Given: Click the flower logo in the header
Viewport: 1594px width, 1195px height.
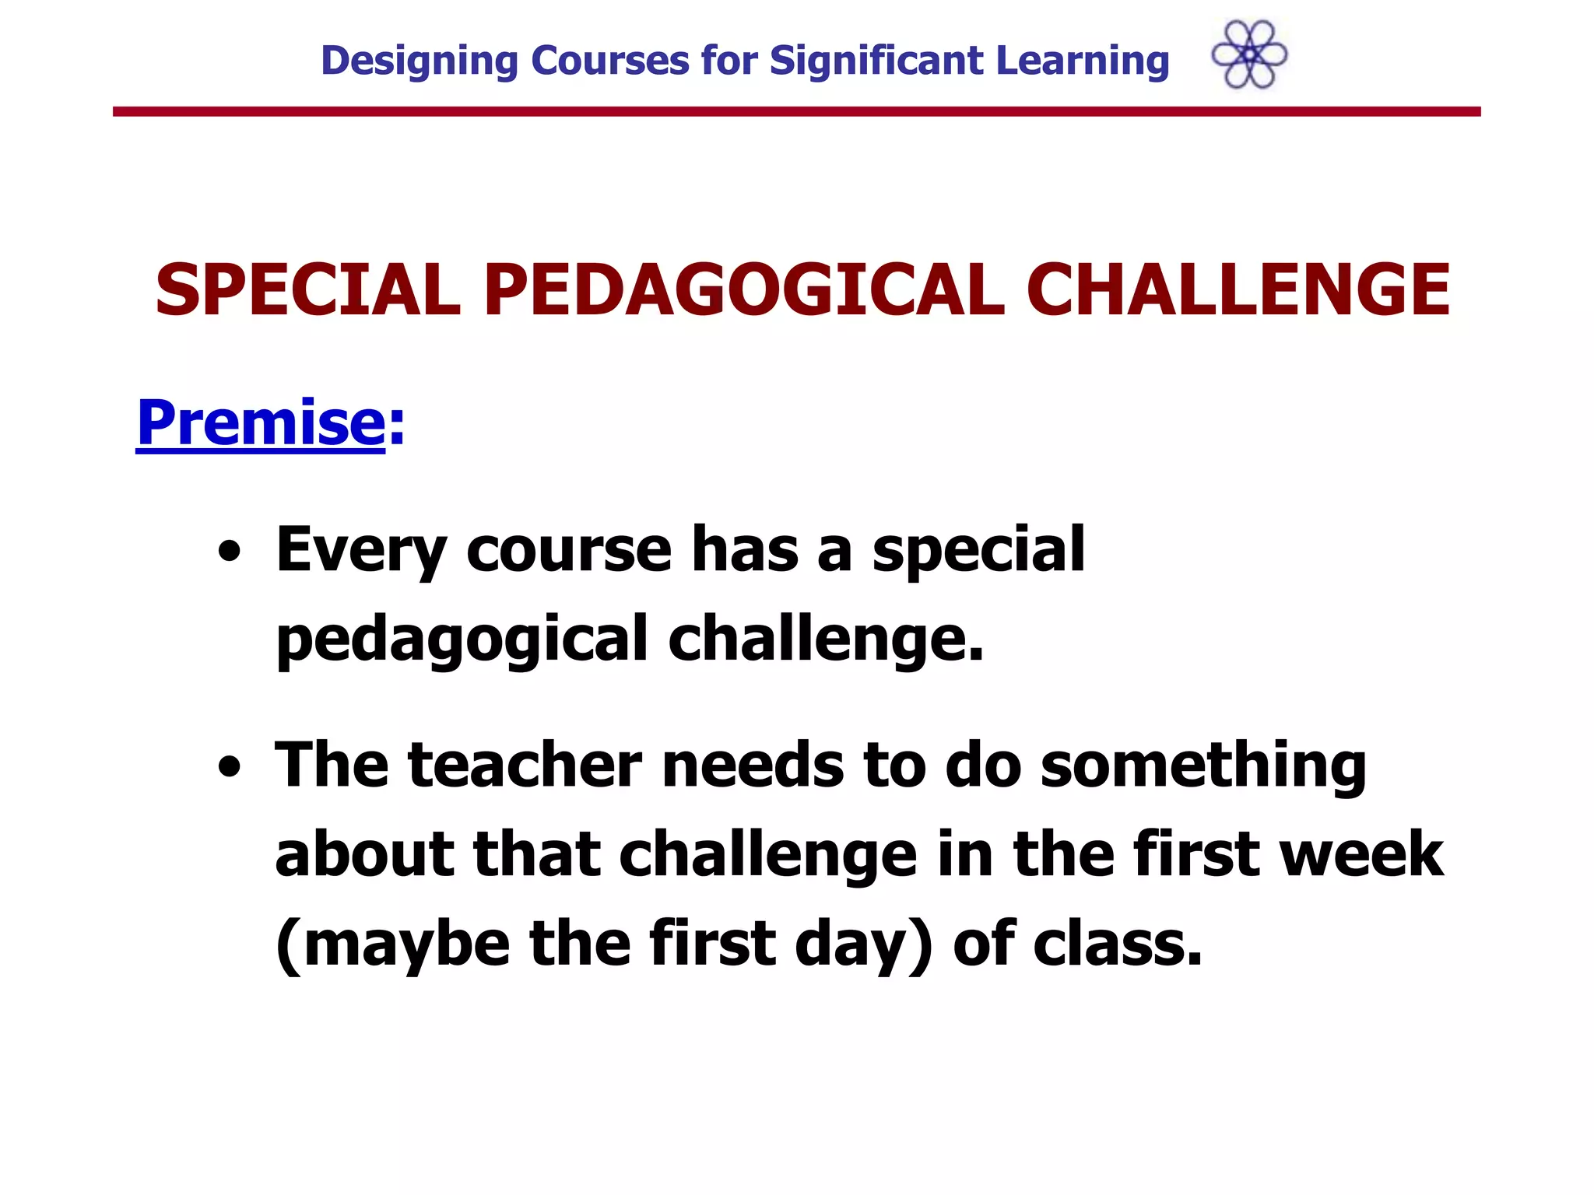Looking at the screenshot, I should (x=1249, y=54).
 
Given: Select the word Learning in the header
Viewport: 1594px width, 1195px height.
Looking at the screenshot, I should (x=1082, y=61).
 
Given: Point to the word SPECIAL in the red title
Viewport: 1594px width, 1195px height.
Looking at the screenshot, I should (x=307, y=289).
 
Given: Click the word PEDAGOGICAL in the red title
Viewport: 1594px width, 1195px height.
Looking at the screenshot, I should (x=743, y=289).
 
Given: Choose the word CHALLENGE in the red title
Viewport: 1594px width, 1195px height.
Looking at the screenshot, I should (x=1238, y=289).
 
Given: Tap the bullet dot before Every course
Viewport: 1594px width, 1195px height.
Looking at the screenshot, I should (x=229, y=552).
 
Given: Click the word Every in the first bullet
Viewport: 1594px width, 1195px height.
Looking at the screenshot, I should (x=360, y=551).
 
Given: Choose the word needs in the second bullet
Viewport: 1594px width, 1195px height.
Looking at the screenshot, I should (x=752, y=766).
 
